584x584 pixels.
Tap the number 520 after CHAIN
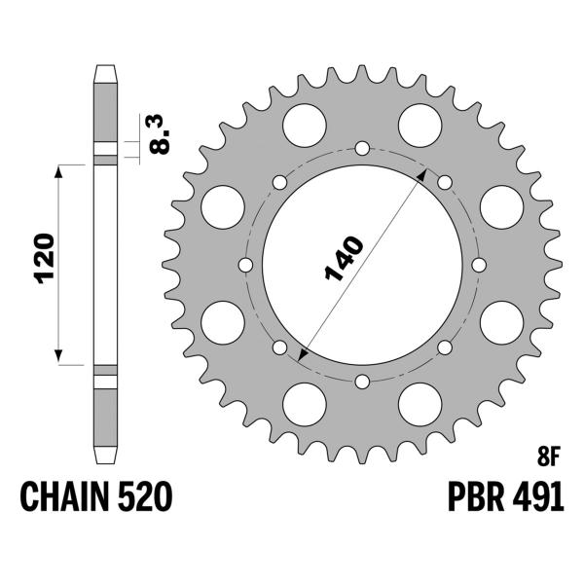[x=149, y=498]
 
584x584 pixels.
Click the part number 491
[x=536, y=498]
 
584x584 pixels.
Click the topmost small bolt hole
[x=362, y=148]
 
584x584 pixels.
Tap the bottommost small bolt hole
[x=362, y=382]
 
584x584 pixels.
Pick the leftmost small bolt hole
[x=245, y=265]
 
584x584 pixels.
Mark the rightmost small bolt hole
[x=479, y=265]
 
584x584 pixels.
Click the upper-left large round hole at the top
[x=304, y=124]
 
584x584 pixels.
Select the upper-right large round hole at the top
[x=420, y=124]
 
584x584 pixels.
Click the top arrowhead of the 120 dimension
[x=60, y=170]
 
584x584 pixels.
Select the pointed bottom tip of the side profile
[x=105, y=462]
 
